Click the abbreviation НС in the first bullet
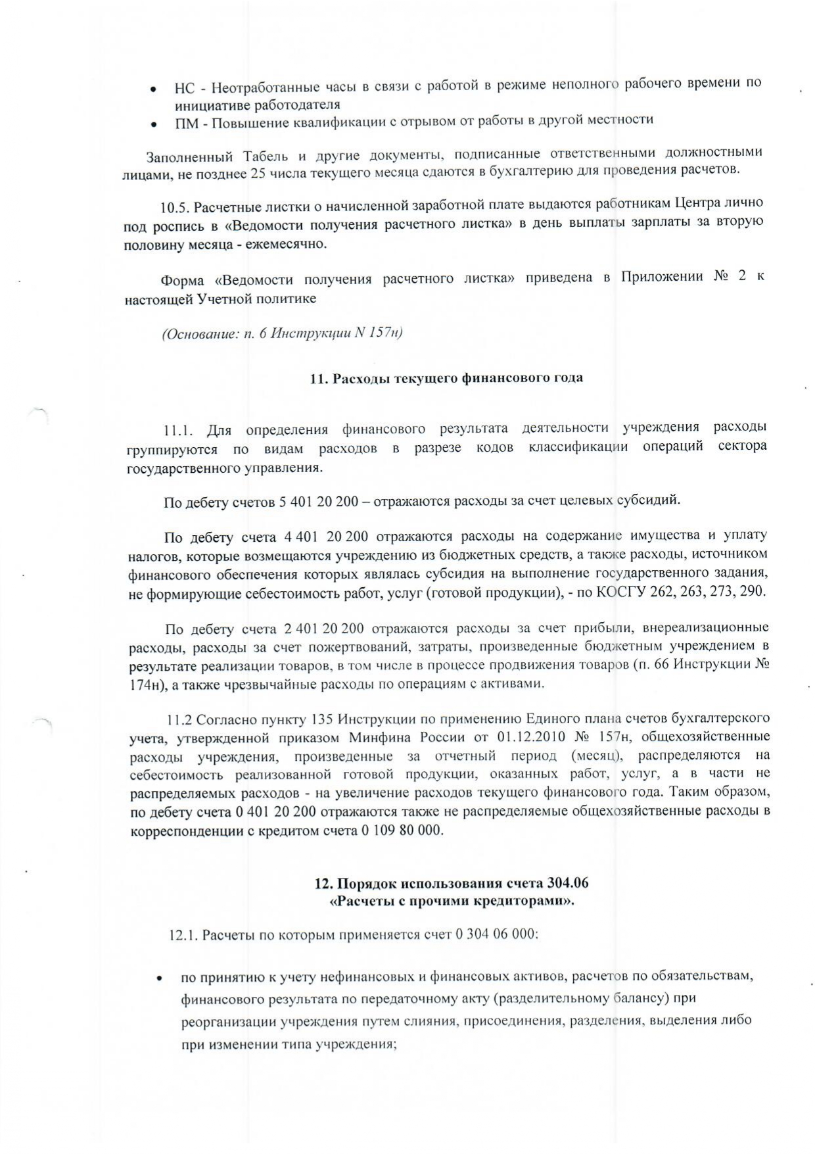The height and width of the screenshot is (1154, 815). (x=185, y=88)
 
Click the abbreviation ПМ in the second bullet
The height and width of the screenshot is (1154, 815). (x=185, y=122)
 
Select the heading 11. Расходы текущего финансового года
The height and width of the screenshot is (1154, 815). (x=446, y=378)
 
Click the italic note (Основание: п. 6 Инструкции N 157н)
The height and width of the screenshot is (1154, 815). (x=282, y=333)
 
